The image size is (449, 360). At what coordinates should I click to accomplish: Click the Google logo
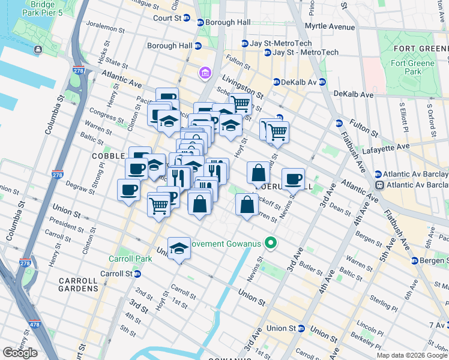point(20,353)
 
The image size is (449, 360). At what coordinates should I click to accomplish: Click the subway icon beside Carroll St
point(137,274)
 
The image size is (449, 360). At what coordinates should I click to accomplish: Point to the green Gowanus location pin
point(271,244)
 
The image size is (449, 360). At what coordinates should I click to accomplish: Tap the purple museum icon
point(205,73)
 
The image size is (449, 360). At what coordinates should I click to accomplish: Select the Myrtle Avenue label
point(330,27)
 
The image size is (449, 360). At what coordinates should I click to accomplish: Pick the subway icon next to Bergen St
point(414,260)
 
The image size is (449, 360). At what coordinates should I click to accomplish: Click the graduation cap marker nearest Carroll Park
point(178,248)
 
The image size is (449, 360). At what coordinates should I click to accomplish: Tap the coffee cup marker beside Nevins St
point(293,179)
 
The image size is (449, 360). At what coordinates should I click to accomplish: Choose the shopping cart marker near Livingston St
point(241,103)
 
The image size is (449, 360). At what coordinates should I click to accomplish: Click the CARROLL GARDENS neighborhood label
point(79,284)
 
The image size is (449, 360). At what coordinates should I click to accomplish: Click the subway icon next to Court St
point(187,18)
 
